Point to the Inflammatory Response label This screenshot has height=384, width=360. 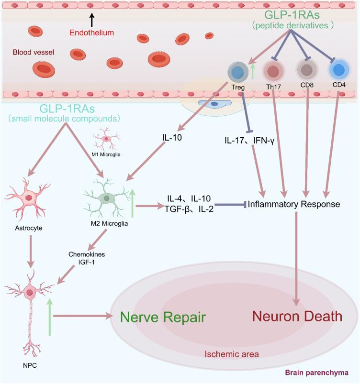293,204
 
